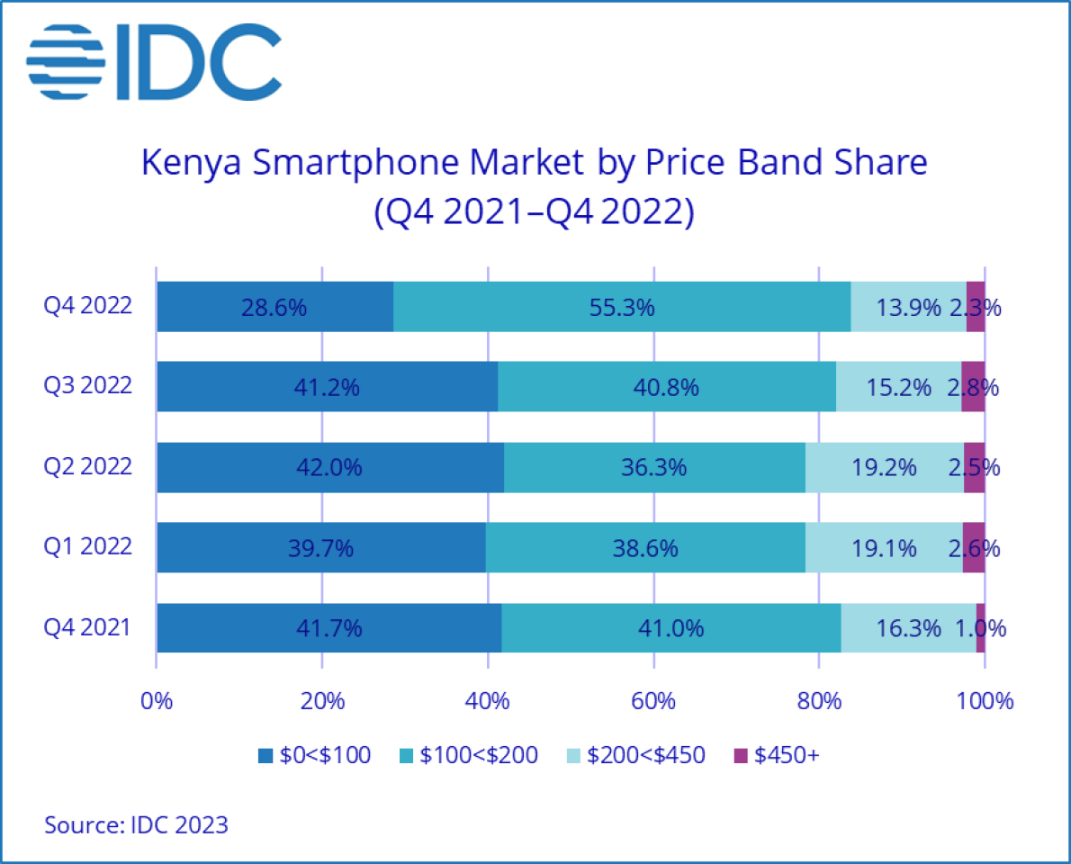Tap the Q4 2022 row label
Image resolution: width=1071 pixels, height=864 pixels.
(88, 306)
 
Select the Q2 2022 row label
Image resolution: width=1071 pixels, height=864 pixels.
(88, 466)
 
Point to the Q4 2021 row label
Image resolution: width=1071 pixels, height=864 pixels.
(88, 626)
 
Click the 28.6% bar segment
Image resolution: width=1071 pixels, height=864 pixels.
(274, 307)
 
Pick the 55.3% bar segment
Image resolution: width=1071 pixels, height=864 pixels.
(622, 307)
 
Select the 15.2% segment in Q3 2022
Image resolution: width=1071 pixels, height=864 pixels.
(898, 387)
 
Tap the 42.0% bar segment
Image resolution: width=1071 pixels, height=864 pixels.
(329, 467)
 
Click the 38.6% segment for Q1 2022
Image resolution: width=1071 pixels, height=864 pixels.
(645, 547)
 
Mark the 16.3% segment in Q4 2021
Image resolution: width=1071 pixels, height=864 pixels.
(908, 627)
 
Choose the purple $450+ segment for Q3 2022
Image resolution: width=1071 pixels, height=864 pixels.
(973, 387)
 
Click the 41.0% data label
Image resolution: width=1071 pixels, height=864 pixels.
(670, 627)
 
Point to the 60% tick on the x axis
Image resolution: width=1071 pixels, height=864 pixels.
(653, 701)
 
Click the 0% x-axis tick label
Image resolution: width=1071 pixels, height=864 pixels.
(157, 701)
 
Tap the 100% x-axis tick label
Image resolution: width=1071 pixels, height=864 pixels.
(985, 701)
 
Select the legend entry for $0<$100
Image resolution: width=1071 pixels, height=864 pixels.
(314, 755)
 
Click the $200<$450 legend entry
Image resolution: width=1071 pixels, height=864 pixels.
(635, 755)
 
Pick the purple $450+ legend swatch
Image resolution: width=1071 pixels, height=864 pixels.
(741, 755)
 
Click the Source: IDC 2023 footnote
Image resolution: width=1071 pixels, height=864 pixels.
(136, 824)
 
